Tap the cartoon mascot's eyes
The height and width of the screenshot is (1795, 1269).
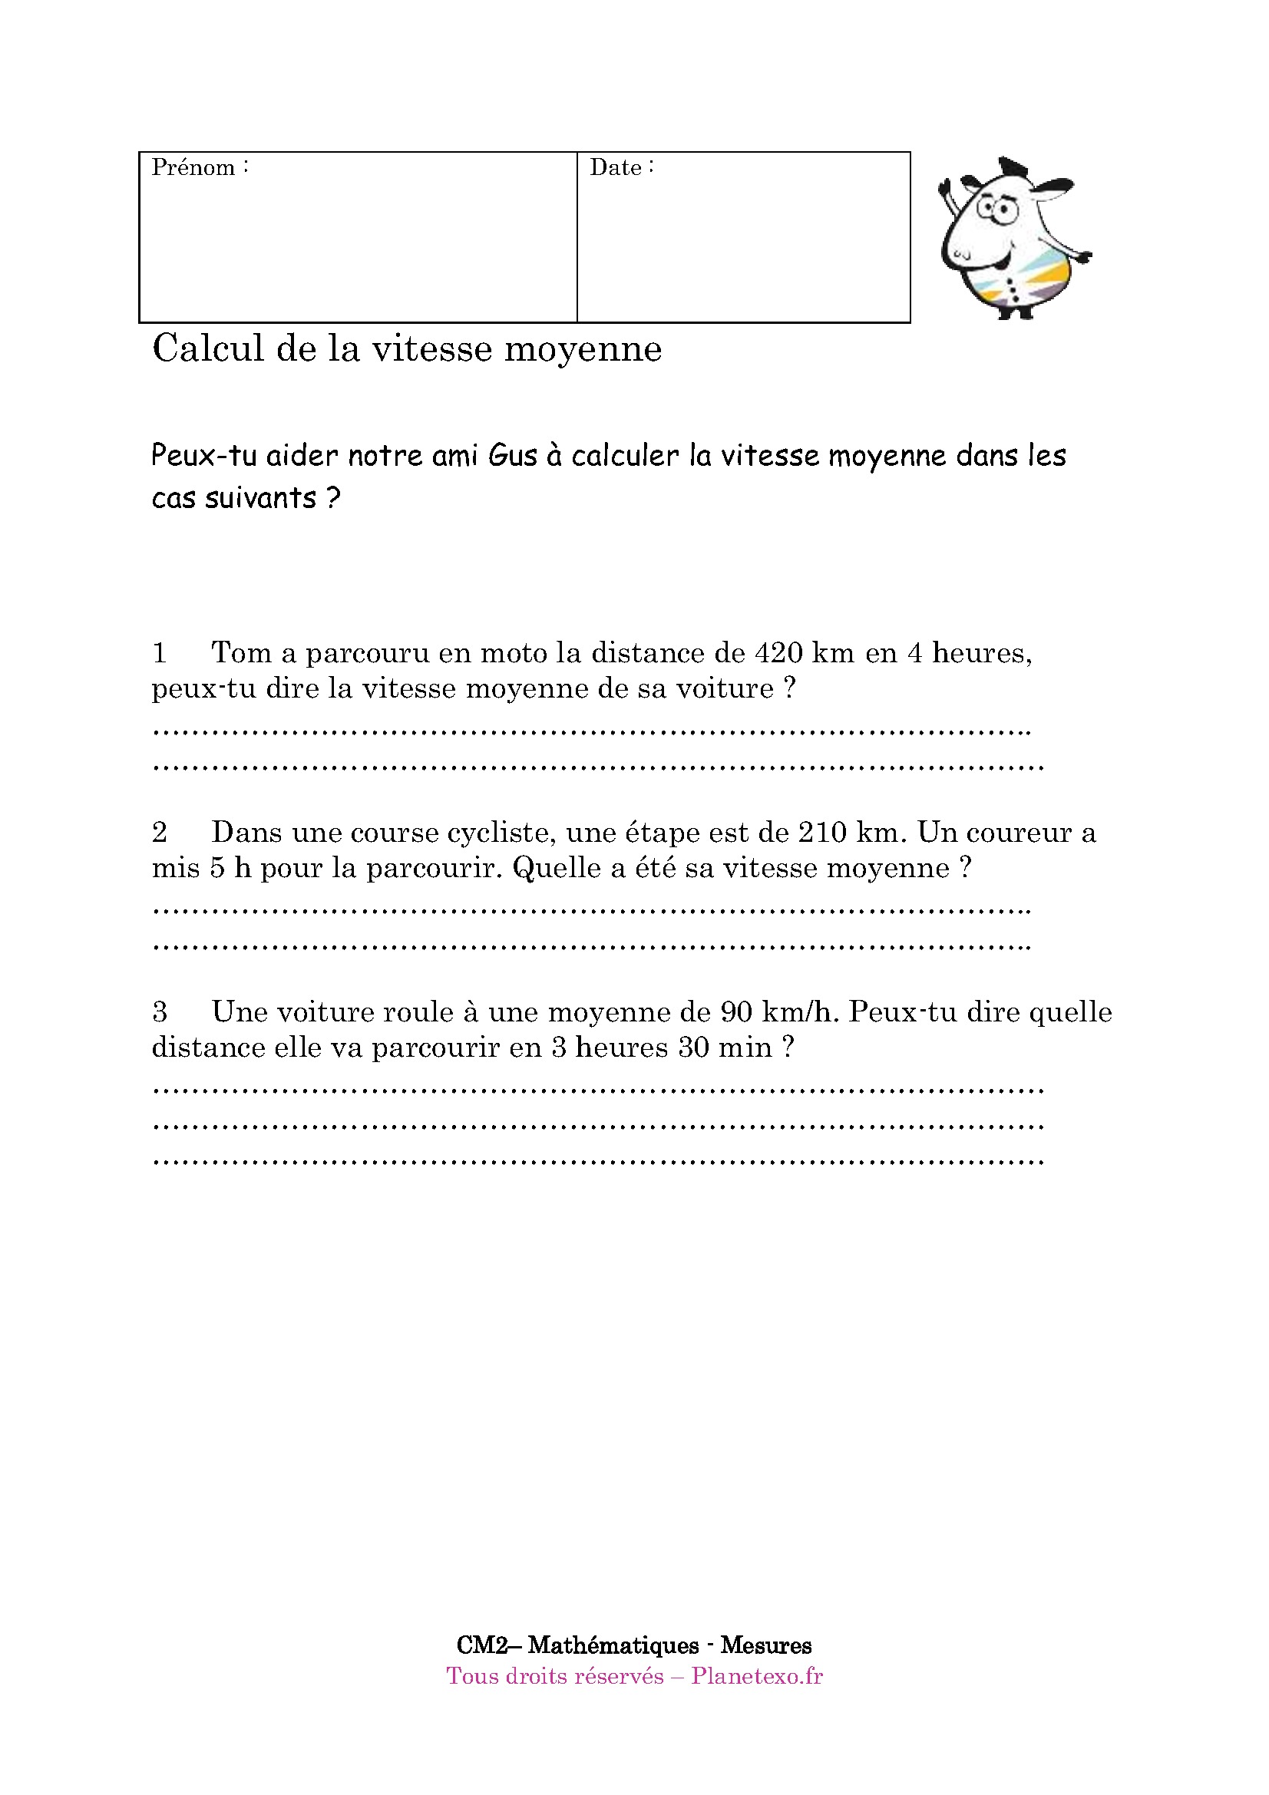point(996,208)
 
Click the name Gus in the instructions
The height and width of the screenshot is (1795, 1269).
point(512,455)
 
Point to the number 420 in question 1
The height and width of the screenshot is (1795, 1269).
point(778,652)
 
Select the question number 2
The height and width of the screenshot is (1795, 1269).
point(160,832)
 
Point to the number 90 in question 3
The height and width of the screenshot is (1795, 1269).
point(735,1011)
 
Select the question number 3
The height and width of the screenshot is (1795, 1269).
point(160,1011)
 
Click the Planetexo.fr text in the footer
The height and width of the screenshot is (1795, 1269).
point(756,1676)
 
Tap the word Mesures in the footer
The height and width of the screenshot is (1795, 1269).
point(765,1645)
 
